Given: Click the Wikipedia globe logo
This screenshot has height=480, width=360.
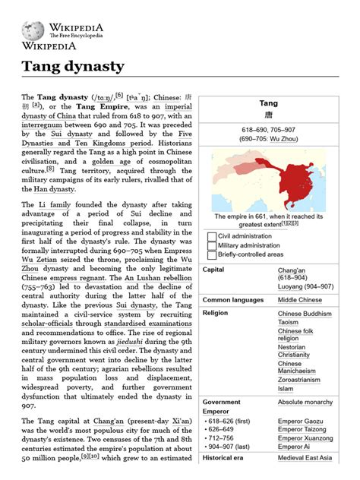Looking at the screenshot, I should click(x=33, y=30).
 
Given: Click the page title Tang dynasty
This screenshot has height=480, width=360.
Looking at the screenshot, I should click(x=72, y=66).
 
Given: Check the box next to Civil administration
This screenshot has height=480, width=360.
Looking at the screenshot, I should click(x=212, y=235).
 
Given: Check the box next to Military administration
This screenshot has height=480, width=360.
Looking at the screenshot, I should click(x=212, y=245).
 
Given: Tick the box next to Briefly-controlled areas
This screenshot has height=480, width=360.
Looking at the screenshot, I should click(x=212, y=255).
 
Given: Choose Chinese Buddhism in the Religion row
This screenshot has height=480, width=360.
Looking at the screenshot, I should click(x=304, y=313).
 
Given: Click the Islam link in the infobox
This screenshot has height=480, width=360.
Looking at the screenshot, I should click(x=286, y=389).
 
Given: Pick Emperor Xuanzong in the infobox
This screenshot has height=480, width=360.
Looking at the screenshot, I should click(x=305, y=438).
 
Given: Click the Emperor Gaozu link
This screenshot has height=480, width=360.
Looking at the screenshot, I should click(x=300, y=419).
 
